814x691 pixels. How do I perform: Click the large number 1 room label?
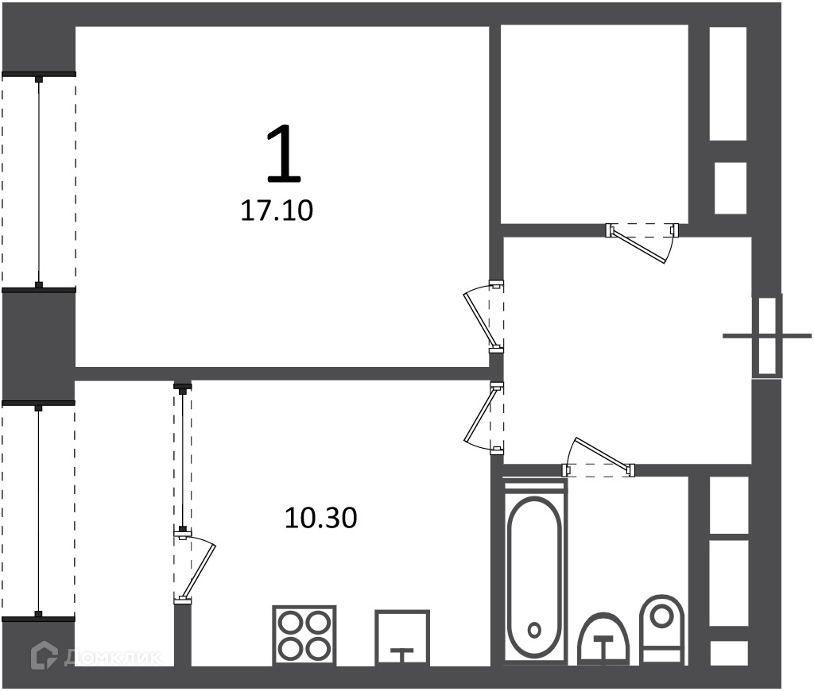coord(284,154)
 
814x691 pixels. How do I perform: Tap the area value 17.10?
coord(277,211)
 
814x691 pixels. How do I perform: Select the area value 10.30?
coord(321,518)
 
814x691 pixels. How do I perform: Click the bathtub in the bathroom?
coord(534,573)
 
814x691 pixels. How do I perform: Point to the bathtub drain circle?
coord(534,631)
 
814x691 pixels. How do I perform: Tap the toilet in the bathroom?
coord(662,628)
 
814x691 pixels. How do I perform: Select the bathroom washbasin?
coord(603,639)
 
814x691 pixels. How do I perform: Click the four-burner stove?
coord(304,635)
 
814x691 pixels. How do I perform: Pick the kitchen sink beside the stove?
coord(402,638)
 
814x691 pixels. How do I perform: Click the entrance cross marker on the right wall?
coord(767,336)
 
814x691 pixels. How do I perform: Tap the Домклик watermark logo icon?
coord(45,655)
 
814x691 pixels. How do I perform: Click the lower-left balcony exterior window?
coord(38,510)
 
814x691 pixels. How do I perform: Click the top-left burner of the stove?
coord(290,622)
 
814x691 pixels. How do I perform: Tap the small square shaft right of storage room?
coord(731,188)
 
